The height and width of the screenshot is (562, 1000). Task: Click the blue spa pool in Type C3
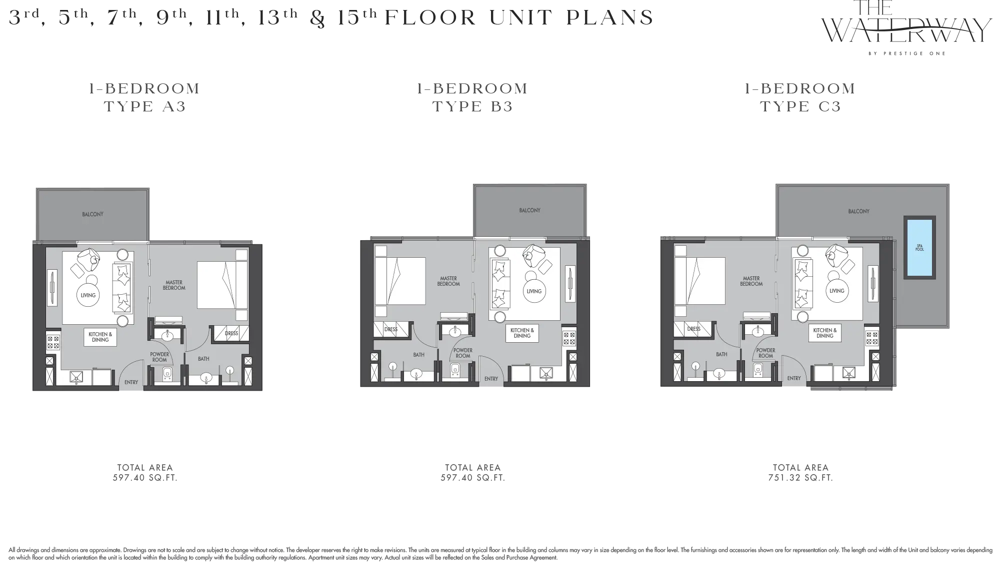[919, 247]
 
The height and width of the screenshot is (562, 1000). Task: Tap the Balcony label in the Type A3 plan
[93, 214]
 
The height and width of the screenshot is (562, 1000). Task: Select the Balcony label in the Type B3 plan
[529, 210]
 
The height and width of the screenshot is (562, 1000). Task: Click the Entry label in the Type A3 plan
[131, 383]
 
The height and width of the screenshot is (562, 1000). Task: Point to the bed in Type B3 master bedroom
[400, 281]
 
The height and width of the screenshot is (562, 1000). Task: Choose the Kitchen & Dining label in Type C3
[825, 333]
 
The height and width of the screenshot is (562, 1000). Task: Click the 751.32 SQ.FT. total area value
[800, 478]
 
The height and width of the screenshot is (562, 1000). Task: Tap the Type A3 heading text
[145, 106]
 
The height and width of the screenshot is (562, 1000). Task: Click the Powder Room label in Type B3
[463, 353]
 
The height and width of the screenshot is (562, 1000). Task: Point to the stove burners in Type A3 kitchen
[53, 342]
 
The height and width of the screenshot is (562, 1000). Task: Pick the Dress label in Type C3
[694, 329]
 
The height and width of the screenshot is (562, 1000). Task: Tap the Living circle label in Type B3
[534, 291]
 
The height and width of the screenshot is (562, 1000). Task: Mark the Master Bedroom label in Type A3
[174, 285]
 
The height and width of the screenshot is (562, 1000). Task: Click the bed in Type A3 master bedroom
[222, 285]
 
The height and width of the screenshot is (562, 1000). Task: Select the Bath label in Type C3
[721, 354]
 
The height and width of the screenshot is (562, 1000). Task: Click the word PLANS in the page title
[610, 18]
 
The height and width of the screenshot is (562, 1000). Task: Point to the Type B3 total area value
[473, 478]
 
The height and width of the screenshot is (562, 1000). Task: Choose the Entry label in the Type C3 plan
[794, 378]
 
